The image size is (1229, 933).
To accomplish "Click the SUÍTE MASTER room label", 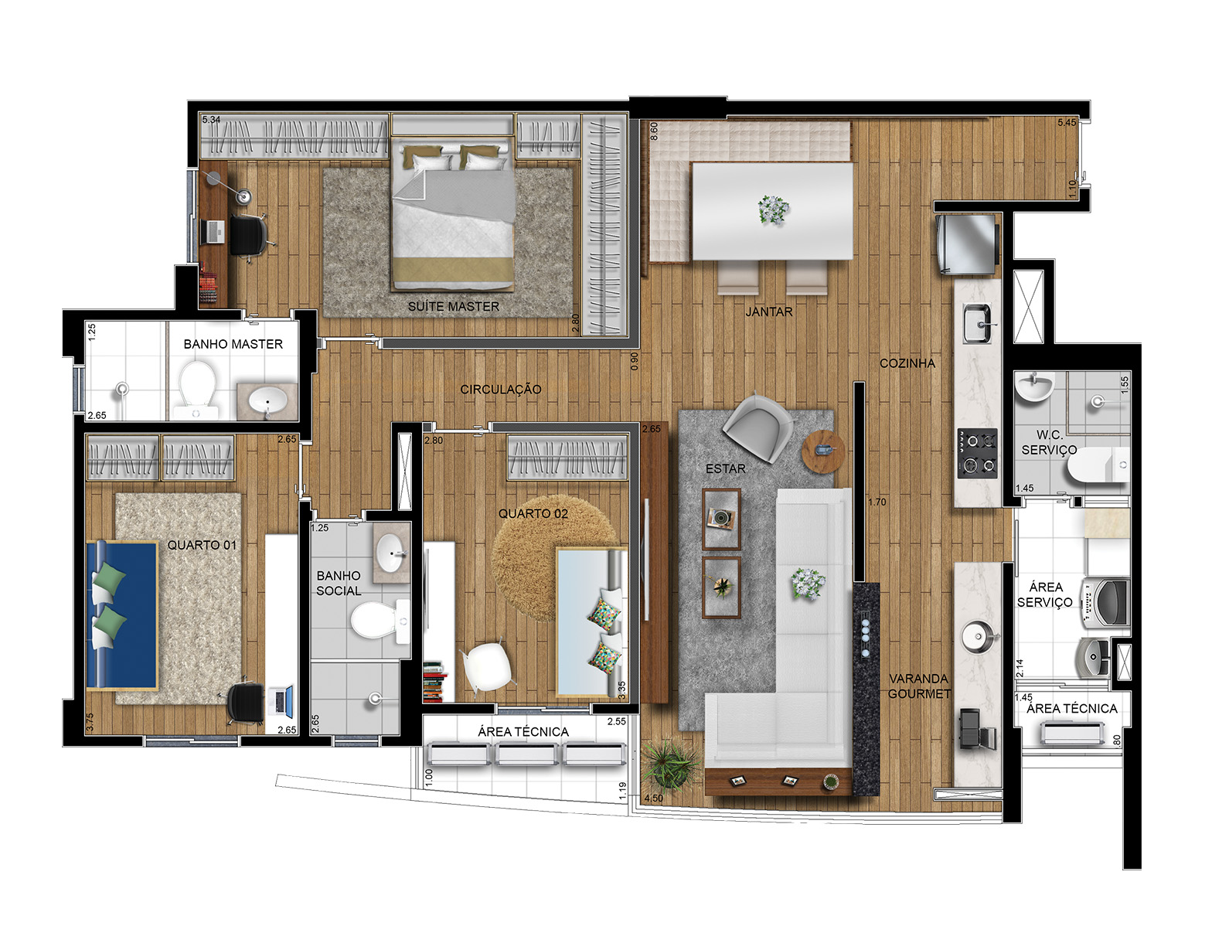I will point(453,306).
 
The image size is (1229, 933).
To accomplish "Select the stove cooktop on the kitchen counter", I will point(977,453).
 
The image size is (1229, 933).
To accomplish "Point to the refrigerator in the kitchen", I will point(966,243).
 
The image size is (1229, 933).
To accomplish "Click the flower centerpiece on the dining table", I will point(772,209).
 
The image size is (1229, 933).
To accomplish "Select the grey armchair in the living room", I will point(757,427).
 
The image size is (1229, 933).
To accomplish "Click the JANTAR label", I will point(768,312).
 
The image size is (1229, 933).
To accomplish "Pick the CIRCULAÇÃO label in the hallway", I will point(500,389).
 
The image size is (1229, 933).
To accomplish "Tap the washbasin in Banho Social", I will point(393,552).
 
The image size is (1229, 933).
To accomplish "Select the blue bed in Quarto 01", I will point(122,614).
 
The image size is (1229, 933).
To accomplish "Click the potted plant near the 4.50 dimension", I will point(669,764).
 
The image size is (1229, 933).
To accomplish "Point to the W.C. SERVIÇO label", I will point(1048,442).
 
